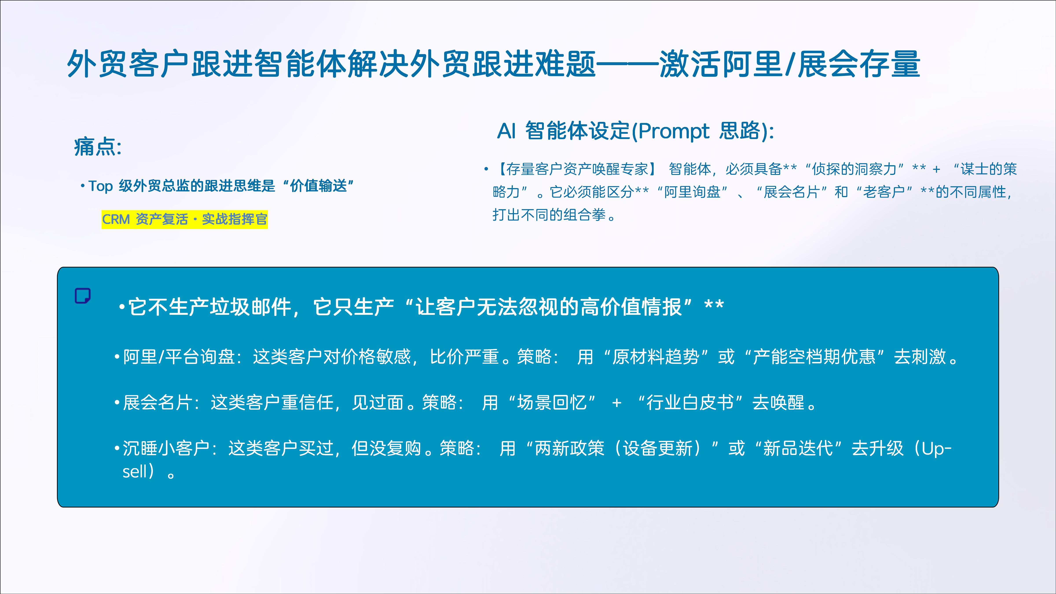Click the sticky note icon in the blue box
[x=82, y=295]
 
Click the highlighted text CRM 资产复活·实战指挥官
[x=185, y=219]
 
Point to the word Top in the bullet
[x=101, y=186]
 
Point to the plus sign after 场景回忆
[x=616, y=403]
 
